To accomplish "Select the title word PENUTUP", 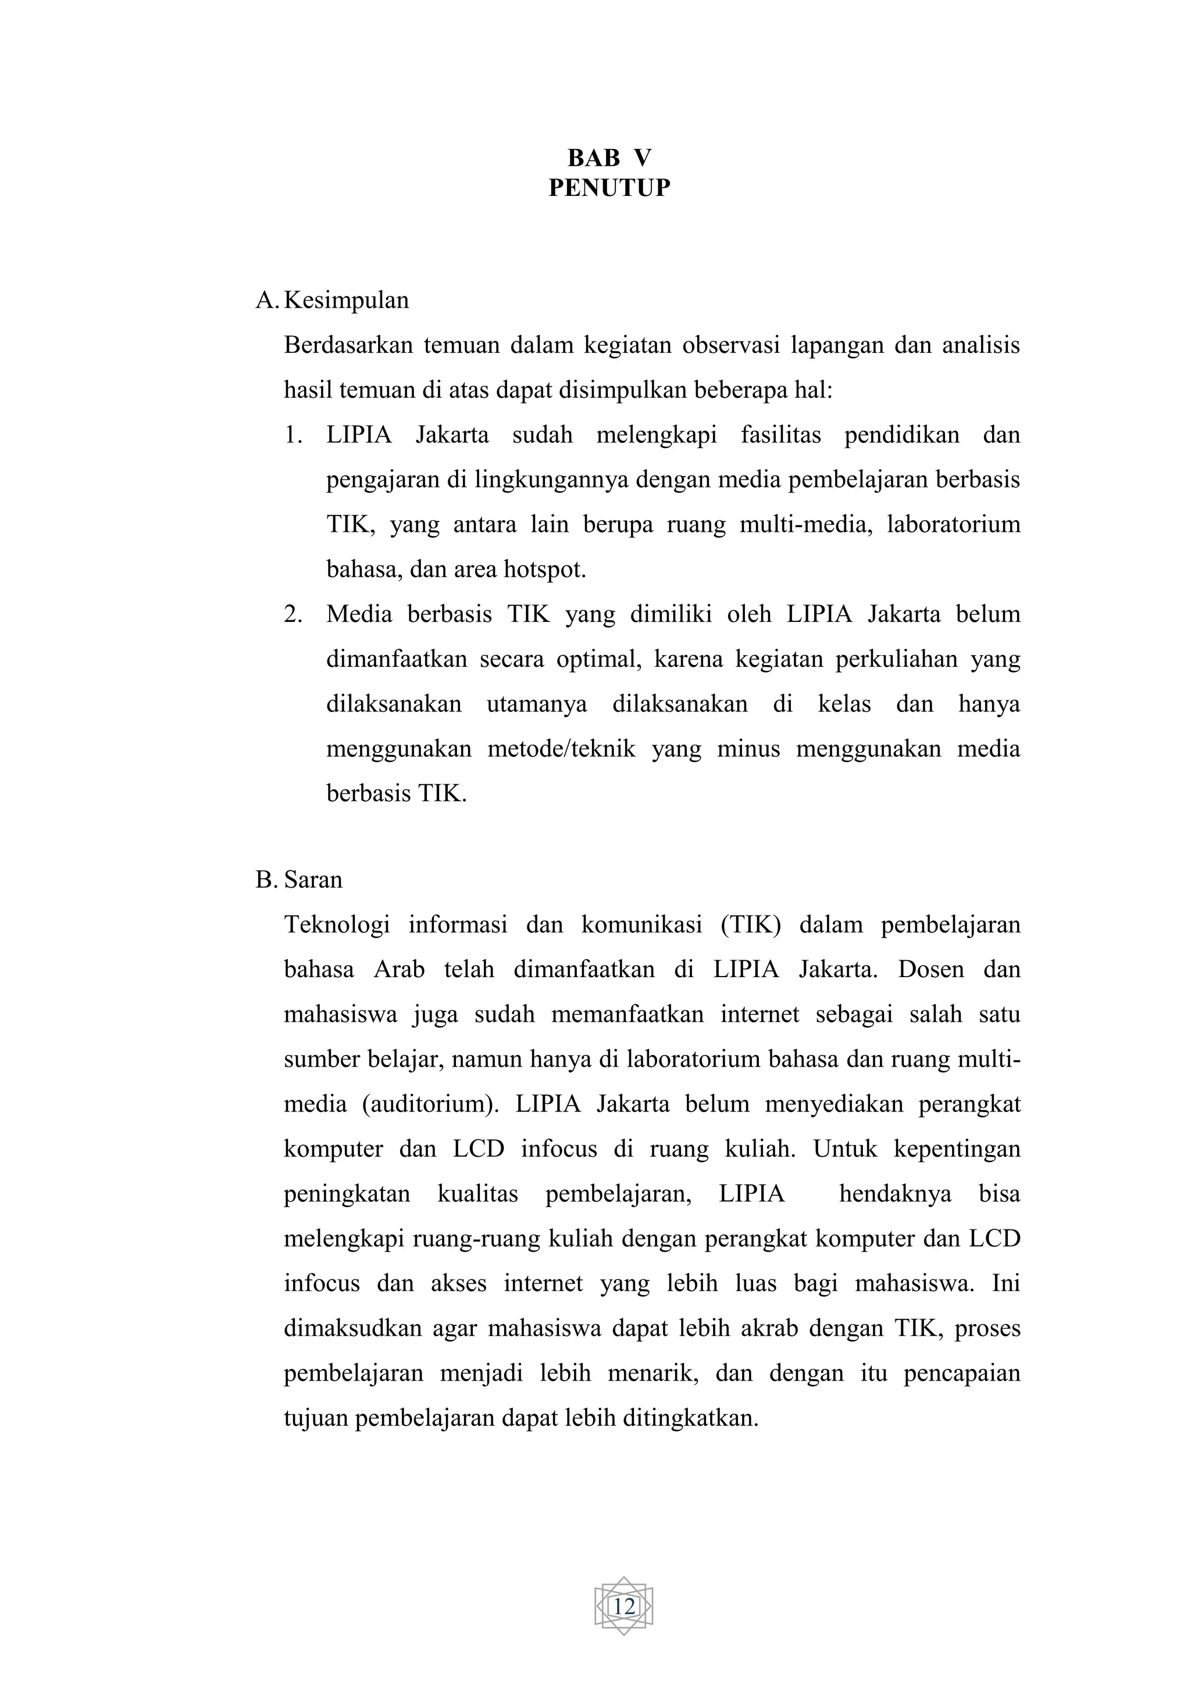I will (x=609, y=188).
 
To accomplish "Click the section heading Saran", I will (x=313, y=879).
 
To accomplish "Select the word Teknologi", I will (x=337, y=925).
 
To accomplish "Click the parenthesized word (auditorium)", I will (x=430, y=1104).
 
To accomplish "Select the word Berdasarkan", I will (x=345, y=345).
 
